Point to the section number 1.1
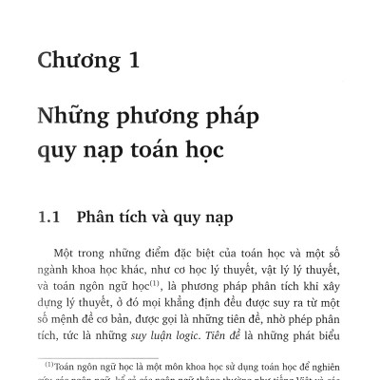tap(49, 218)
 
